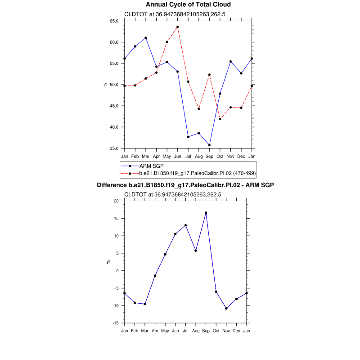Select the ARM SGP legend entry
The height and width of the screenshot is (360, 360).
click(151, 166)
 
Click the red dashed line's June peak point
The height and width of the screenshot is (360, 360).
click(177, 27)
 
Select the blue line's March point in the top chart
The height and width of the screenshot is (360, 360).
click(145, 38)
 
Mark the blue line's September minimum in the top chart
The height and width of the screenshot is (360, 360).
click(209, 145)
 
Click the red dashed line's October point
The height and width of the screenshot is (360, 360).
click(220, 119)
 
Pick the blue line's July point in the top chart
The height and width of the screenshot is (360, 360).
click(188, 137)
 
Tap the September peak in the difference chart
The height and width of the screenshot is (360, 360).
click(206, 212)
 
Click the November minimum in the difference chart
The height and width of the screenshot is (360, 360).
click(226, 308)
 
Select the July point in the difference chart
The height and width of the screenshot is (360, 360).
click(185, 225)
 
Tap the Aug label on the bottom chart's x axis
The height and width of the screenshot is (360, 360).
click(196, 331)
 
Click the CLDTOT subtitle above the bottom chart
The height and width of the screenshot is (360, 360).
click(172, 194)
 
